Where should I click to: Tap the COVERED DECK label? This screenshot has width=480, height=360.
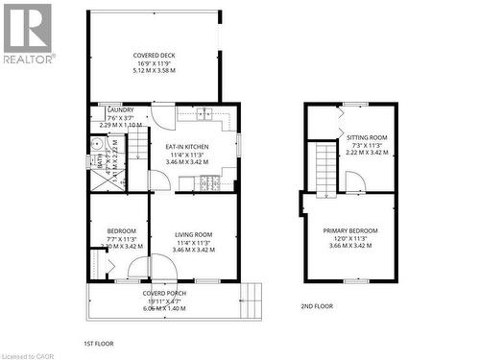(154, 56)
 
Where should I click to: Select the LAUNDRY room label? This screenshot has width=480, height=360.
(121, 110)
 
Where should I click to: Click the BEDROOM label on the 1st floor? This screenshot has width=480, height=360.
(121, 231)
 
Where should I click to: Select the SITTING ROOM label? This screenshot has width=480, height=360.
(366, 138)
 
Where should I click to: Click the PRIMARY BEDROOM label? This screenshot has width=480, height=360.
(350, 230)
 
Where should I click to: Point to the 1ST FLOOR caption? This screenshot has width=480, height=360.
(99, 343)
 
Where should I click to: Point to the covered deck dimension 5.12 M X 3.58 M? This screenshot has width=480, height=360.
(154, 71)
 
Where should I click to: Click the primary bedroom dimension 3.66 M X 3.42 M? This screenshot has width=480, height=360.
(350, 246)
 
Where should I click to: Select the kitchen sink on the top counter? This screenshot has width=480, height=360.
(204, 115)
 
